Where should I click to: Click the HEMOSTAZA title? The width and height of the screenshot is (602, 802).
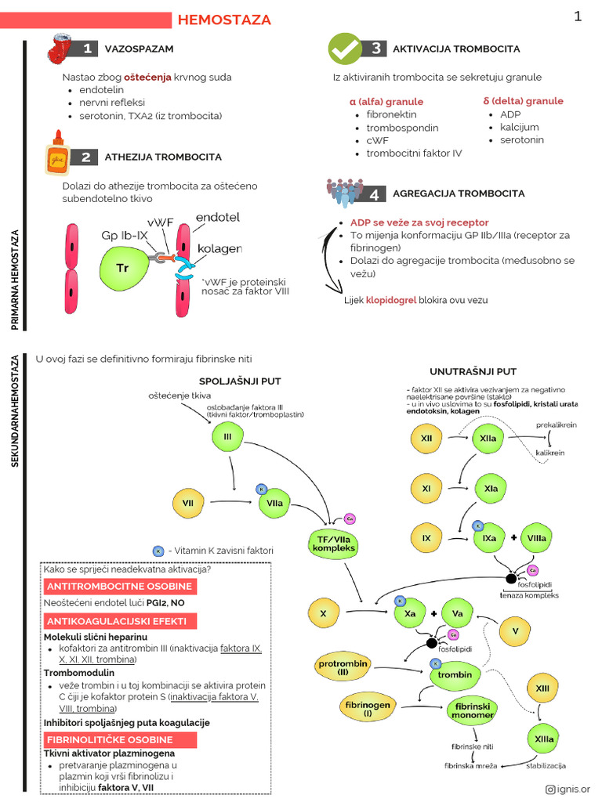coord(225,20)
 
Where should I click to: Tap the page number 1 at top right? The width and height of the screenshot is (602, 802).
coord(578,16)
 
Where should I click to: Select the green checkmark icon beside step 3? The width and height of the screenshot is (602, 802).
coord(344,49)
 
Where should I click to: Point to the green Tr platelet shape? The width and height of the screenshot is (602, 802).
coord(124,267)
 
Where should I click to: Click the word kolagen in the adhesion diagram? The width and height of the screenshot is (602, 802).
coord(219,248)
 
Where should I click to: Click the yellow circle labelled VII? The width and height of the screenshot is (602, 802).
coord(187,502)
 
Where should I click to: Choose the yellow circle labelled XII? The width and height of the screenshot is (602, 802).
coord(426,439)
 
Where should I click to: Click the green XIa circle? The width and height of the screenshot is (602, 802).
coord(491,489)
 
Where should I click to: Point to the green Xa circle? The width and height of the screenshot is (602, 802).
coord(409,614)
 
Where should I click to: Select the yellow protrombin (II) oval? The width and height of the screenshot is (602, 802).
coord(343,667)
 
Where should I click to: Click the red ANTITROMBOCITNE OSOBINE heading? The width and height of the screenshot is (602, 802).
coord(119,587)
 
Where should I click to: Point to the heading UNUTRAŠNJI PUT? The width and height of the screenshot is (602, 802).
coord(473,371)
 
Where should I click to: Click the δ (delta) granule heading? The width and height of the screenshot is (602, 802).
coord(523,101)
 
